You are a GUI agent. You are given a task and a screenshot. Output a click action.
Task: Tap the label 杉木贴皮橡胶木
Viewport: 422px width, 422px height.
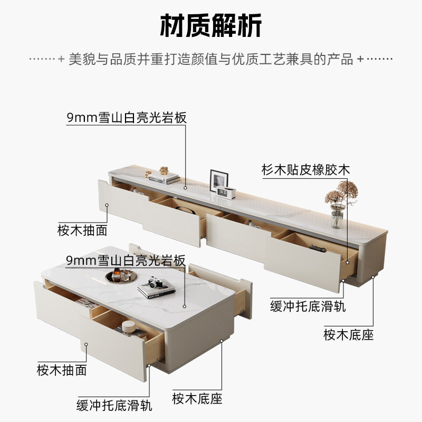coord(306,170)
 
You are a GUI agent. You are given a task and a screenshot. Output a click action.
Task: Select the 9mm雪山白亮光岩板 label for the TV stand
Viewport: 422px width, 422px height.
coord(127,118)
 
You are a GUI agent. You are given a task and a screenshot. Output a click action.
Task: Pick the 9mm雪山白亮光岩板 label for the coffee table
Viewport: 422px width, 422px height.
coord(126,260)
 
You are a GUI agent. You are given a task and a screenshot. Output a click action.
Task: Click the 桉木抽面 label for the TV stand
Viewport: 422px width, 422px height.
coord(82,230)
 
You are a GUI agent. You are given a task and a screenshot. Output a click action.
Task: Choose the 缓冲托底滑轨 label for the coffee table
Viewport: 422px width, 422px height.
coord(114,405)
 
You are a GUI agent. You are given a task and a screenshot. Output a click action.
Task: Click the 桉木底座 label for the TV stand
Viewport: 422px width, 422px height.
coord(349,334)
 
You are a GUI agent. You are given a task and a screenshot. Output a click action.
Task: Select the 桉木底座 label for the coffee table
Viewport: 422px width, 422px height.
coord(197,398)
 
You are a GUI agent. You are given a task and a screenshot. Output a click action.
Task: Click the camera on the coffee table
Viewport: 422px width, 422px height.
coord(154,282)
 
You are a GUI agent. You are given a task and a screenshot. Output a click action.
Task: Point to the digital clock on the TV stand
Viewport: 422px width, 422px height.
coord(226,193)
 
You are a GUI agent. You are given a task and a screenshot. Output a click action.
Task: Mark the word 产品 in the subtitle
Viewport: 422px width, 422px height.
coord(340,59)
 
